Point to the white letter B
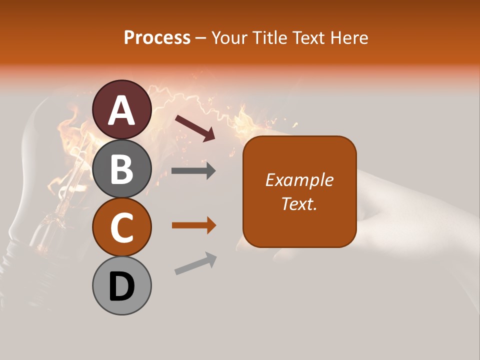122,168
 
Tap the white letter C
122,227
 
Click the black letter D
122,286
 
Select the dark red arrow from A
194,127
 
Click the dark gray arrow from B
193,171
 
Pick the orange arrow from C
193,225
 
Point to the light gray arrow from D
195,263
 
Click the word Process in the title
157,38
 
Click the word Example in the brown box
299,180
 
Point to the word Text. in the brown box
299,204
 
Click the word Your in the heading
229,38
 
